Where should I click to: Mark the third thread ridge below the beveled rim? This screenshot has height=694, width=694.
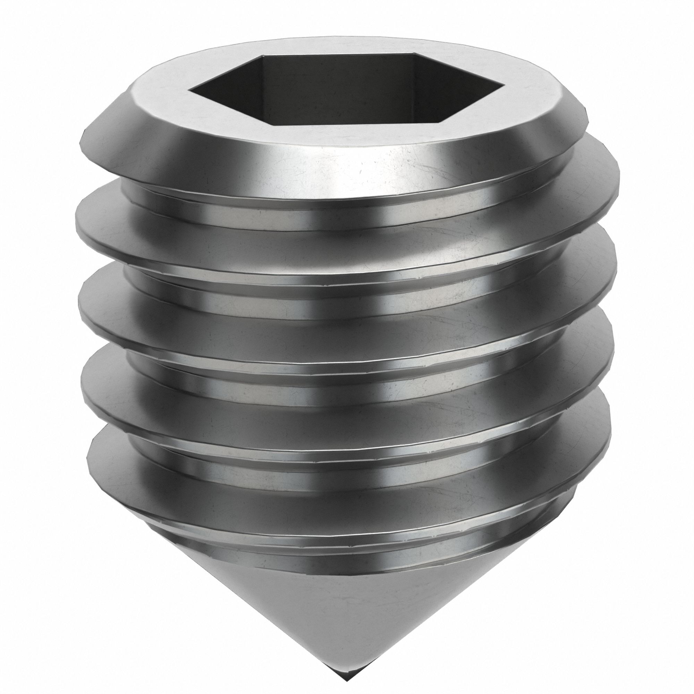(x=345, y=406)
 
